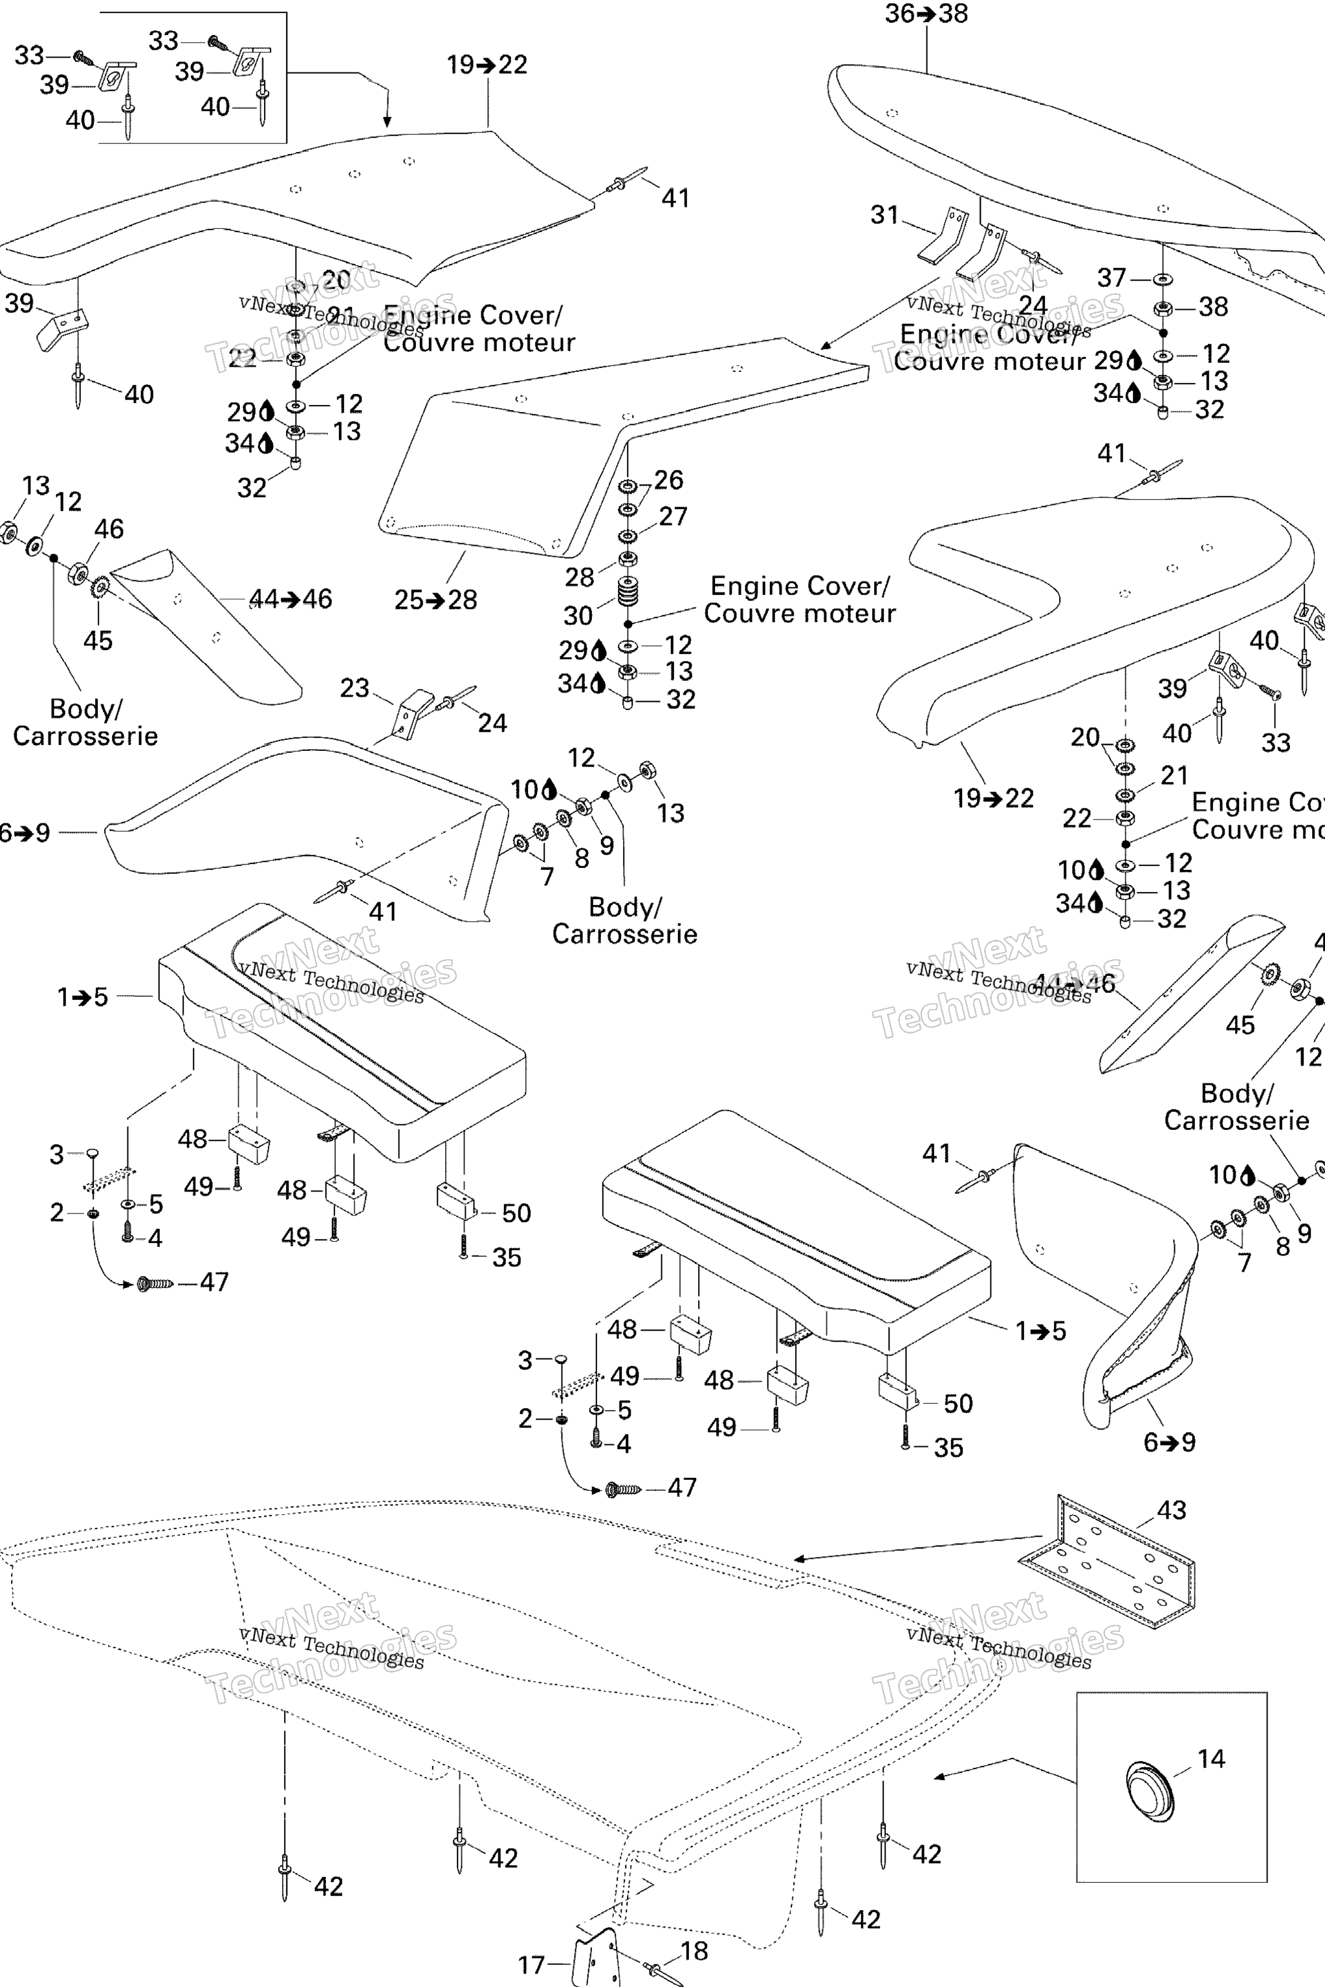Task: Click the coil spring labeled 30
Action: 628,591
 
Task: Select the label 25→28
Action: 435,600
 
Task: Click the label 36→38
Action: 926,14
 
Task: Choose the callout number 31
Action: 885,215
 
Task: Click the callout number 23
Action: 355,688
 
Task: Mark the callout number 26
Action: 668,480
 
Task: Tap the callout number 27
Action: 673,516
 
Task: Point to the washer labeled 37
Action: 1163,279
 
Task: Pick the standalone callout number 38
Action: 1214,307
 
